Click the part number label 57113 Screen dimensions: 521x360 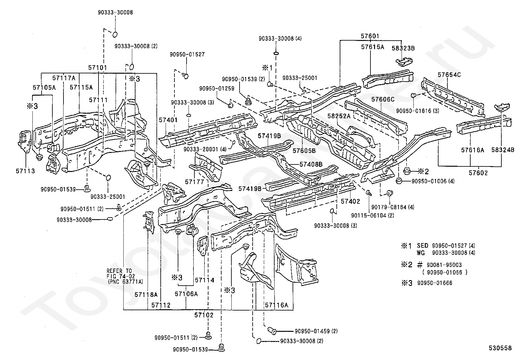[x=25, y=171]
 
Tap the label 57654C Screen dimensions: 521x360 [x=449, y=75]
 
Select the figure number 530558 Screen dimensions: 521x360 [x=500, y=348]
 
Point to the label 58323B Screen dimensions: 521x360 [x=403, y=48]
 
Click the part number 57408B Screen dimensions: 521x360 [x=311, y=164]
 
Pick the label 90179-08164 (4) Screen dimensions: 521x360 [x=393, y=207]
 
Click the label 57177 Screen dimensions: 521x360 [x=194, y=181]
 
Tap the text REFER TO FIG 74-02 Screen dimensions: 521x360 [x=119, y=274]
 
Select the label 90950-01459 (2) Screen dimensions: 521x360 [x=316, y=331]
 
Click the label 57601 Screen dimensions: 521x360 [x=370, y=36]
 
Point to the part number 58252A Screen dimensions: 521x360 [x=339, y=116]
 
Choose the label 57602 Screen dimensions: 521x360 [x=478, y=173]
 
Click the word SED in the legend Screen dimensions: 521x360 [x=422, y=246]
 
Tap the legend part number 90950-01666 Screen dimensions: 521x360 [x=435, y=283]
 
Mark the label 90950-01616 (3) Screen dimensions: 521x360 [x=418, y=111]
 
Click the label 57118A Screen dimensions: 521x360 [x=146, y=294]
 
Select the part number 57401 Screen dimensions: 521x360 [x=168, y=120]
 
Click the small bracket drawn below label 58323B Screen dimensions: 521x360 [x=404, y=61]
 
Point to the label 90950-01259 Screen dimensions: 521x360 [x=217, y=88]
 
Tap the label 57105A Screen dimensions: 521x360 [x=44, y=87]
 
